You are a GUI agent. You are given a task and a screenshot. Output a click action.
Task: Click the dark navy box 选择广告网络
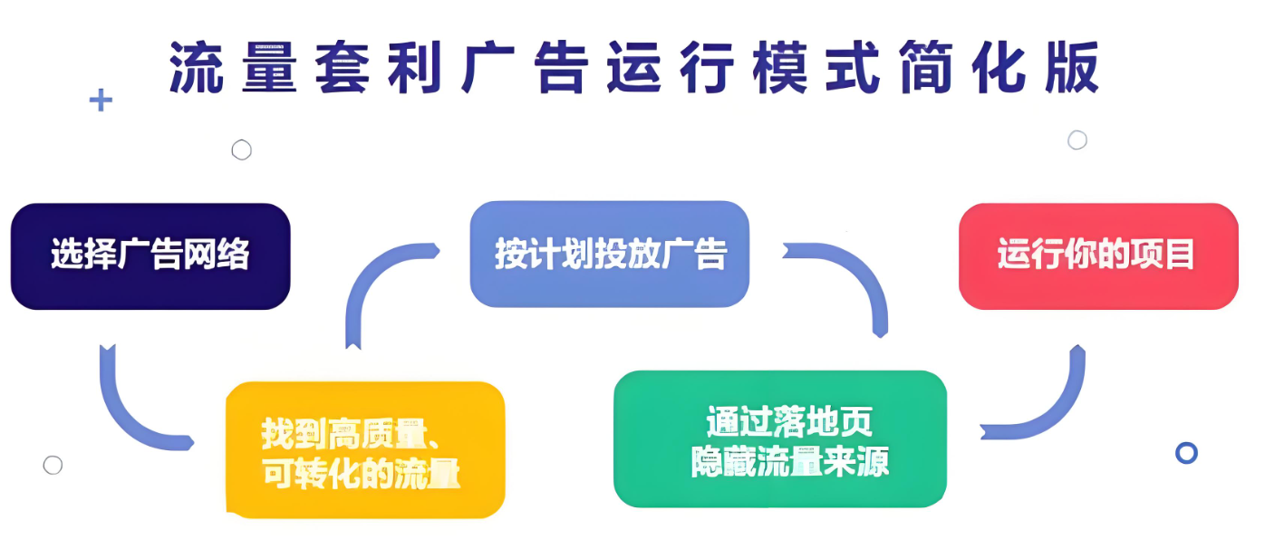click(150, 255)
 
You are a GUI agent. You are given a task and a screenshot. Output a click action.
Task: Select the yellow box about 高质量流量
click(365, 449)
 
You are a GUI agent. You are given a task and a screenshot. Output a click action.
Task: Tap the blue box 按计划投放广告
click(609, 255)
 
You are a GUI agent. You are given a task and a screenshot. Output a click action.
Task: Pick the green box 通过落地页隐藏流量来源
click(780, 438)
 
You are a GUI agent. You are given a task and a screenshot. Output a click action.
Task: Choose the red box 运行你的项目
click(1098, 255)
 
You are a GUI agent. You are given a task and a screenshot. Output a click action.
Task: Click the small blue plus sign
click(101, 100)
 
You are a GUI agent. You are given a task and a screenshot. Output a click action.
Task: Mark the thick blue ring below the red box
click(1186, 453)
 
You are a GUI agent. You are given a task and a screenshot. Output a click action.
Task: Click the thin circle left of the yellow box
click(53, 466)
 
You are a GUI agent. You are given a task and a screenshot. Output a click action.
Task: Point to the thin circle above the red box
click(1077, 140)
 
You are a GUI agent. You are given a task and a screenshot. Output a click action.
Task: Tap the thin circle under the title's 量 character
click(242, 150)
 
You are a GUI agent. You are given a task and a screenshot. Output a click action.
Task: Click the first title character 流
click(196, 67)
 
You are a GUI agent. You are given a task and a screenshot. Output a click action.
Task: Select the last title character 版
click(1072, 67)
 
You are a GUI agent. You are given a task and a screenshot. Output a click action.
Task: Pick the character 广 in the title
click(488, 67)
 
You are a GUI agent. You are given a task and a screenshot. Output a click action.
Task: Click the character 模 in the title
click(780, 67)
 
